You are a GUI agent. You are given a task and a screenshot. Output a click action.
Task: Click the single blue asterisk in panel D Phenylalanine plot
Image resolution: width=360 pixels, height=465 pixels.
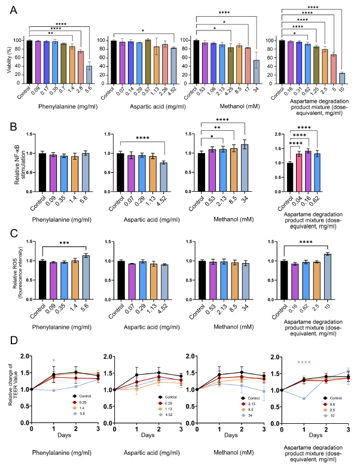click(x=54, y=361)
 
